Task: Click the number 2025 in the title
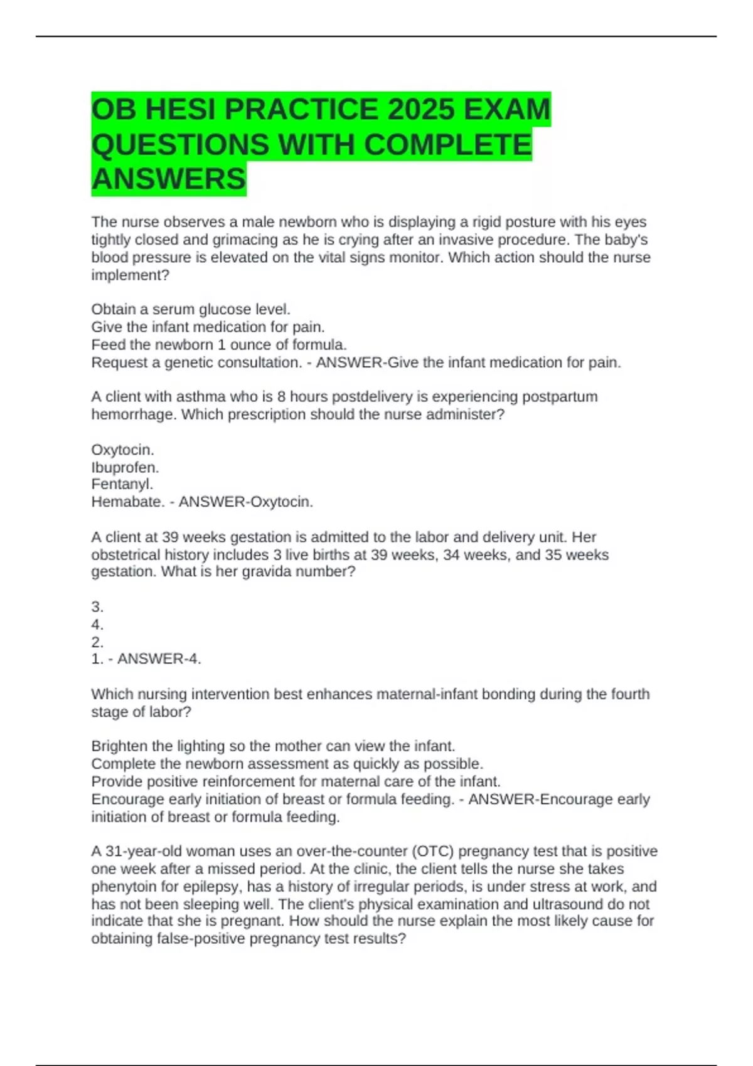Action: [420, 110]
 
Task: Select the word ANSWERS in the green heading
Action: [169, 179]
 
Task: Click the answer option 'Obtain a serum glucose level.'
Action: [191, 309]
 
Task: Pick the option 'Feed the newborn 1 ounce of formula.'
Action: [219, 345]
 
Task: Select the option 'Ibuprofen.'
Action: [125, 468]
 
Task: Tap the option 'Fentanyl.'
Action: [122, 484]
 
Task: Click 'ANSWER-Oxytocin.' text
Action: [246, 502]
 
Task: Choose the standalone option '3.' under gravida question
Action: [97, 607]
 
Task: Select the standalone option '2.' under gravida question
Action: [97, 642]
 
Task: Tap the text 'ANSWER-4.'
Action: [159, 659]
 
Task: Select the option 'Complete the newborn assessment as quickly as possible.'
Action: [287, 764]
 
